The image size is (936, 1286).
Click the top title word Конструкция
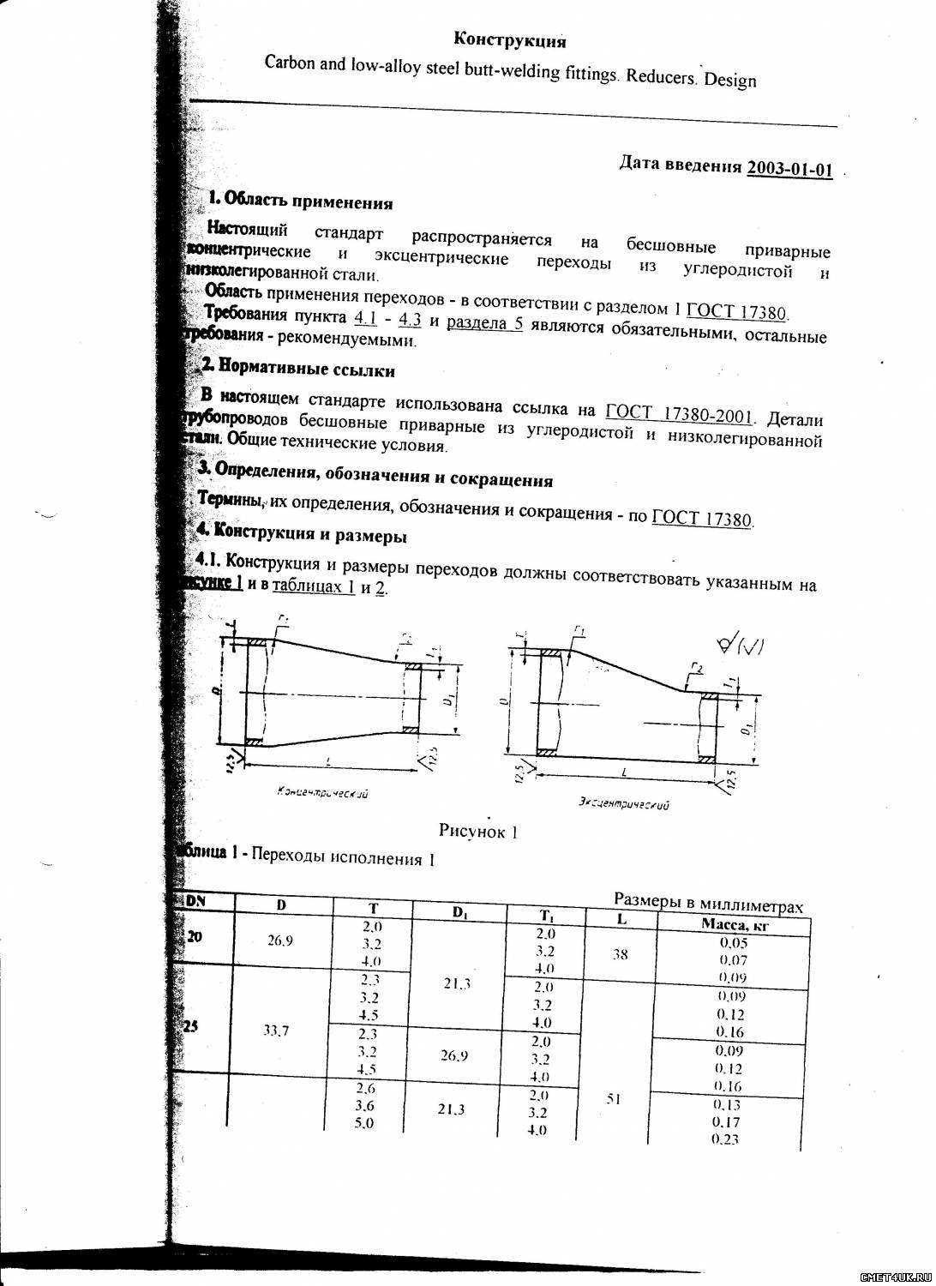(509, 40)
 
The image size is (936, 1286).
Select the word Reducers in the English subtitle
(660, 75)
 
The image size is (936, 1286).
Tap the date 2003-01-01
(789, 168)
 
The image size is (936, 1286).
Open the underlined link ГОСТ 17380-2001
(679, 415)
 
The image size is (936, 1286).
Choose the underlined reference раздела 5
(484, 323)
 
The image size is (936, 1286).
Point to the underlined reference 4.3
(410, 320)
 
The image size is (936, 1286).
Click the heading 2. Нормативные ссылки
(297, 369)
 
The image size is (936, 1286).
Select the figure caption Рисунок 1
(477, 830)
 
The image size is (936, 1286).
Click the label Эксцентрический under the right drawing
(623, 803)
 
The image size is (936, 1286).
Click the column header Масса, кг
(735, 924)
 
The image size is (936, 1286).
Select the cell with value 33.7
(276, 1031)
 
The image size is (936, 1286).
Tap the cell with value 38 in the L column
(621, 953)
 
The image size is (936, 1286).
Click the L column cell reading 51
(613, 1098)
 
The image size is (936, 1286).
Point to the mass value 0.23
(725, 1139)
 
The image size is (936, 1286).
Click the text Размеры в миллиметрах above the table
(708, 902)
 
